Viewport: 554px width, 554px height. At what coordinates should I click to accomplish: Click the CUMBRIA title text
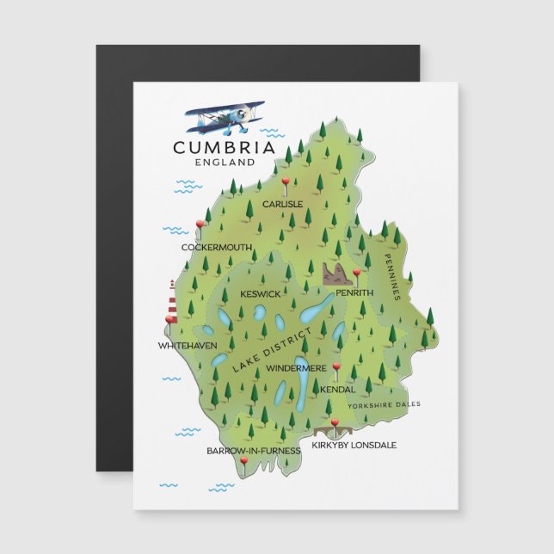(224, 147)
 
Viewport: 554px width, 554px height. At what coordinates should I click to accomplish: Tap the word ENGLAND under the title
(225, 162)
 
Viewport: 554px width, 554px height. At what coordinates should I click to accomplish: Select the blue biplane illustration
(225, 118)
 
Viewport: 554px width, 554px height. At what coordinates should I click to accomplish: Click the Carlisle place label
(282, 204)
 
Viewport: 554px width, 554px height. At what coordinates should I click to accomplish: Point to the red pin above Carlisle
(285, 182)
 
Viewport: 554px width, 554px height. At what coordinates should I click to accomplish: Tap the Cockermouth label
(217, 248)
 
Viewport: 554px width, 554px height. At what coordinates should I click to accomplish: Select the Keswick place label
(261, 294)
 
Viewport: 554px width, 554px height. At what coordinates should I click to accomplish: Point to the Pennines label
(392, 275)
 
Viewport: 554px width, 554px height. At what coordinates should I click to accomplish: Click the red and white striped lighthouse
(172, 303)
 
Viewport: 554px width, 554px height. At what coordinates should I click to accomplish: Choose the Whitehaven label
(188, 345)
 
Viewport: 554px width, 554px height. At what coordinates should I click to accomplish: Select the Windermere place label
(296, 368)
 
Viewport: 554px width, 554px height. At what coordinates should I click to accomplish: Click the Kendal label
(337, 390)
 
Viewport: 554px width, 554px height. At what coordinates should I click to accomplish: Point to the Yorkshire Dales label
(384, 403)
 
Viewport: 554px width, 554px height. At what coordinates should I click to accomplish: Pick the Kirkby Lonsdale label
(354, 445)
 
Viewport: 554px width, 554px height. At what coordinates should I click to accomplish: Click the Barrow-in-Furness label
(254, 450)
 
